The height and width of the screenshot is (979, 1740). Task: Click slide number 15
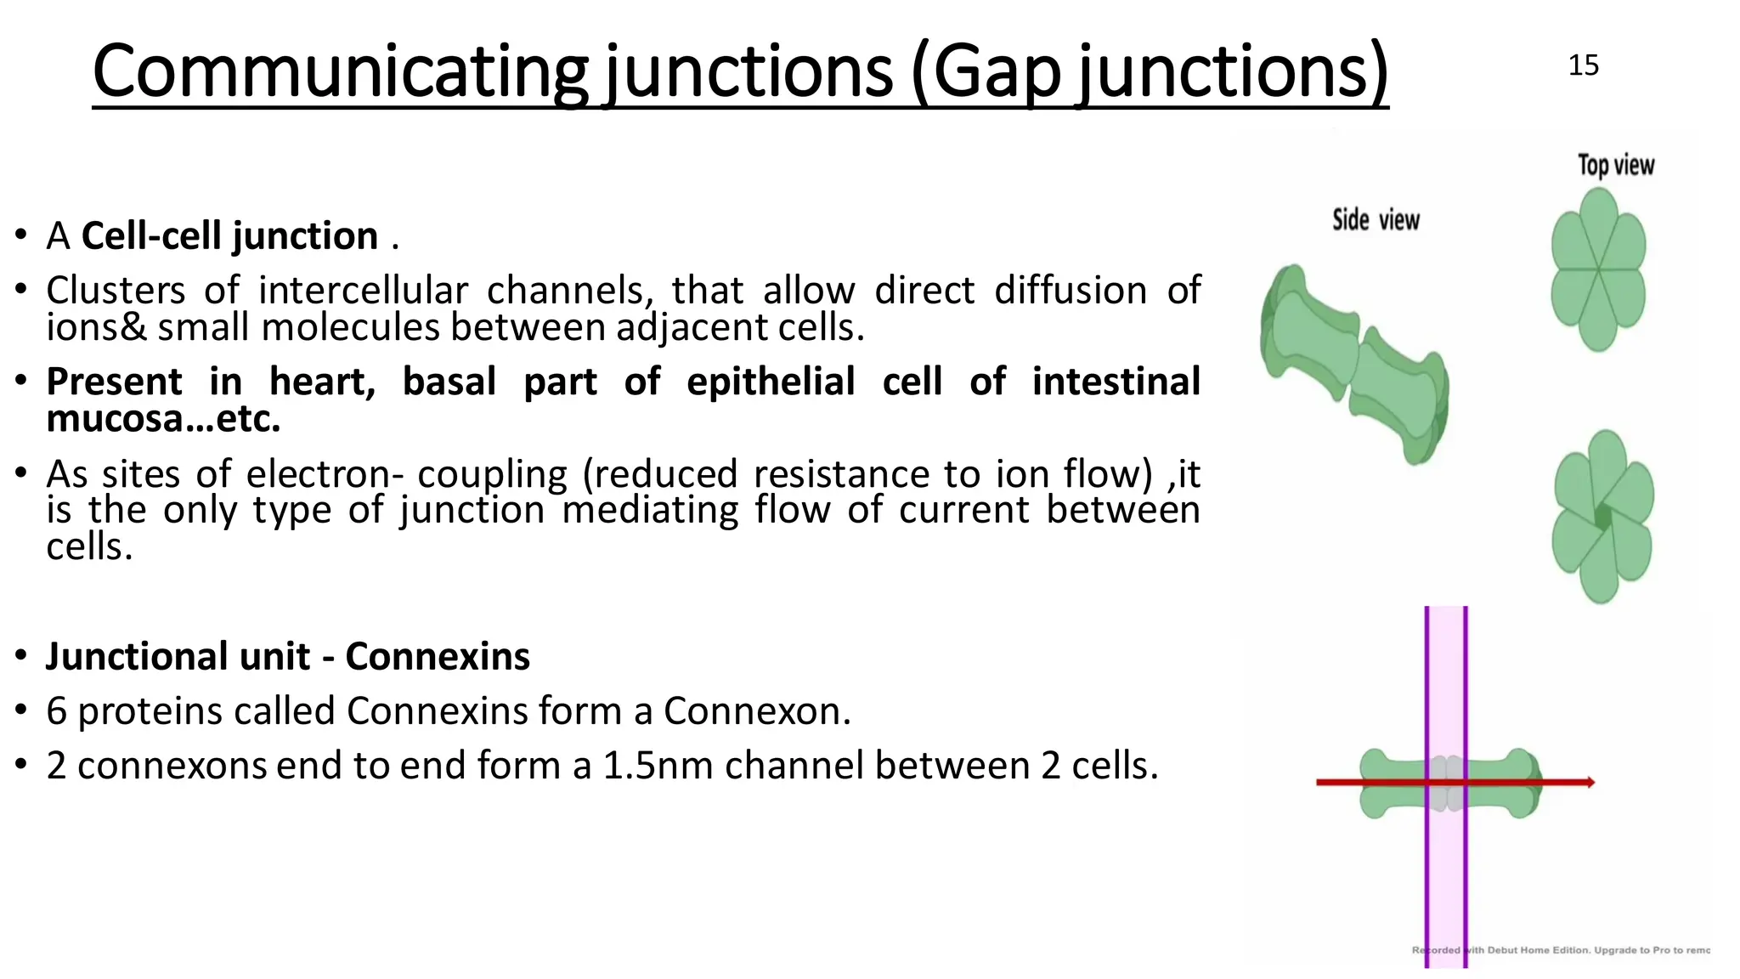1583,65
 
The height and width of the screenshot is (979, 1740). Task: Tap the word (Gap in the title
986,71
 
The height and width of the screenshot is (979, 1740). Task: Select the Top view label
1616,165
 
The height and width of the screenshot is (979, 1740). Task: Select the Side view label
1376,220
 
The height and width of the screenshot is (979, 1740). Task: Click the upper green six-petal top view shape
1598,270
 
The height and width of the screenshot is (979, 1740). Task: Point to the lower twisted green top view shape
1602,517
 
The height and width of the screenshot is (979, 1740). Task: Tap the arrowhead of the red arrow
1589,782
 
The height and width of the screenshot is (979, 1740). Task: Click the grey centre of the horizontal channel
1446,783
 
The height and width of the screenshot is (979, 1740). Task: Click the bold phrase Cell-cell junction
229,236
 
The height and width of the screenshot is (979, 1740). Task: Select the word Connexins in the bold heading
438,657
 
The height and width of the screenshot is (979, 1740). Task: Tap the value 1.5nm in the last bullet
658,766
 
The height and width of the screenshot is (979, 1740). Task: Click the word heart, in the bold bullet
323,382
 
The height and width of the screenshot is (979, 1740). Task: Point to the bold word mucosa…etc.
163,419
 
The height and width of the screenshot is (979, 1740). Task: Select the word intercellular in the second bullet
363,291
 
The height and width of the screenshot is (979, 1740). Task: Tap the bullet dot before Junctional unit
21,657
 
